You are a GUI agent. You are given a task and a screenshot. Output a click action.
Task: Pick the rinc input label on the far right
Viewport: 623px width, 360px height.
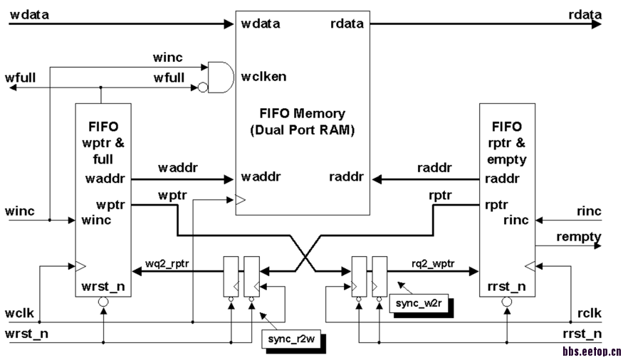[x=587, y=211]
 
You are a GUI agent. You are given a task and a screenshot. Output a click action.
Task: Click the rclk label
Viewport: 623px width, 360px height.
[x=590, y=312]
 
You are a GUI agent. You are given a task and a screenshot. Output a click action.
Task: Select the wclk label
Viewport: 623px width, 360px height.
[x=19, y=312]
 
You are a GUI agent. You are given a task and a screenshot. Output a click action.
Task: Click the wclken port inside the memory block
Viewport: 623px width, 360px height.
[x=264, y=75]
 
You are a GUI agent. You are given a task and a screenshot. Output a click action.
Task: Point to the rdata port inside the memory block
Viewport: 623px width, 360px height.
[x=347, y=23]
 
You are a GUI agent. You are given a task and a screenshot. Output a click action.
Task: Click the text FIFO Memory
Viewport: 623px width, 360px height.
[x=303, y=113]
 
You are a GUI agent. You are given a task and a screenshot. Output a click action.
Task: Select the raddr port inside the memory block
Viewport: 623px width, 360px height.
[x=346, y=176]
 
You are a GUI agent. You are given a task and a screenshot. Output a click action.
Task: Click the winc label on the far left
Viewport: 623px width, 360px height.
[x=19, y=211]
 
